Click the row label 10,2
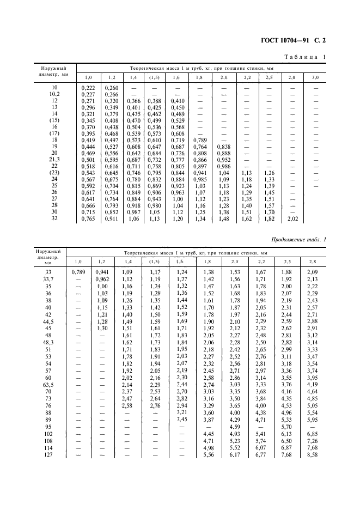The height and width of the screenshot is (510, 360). (x=53, y=94)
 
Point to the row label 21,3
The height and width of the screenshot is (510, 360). (x=53, y=159)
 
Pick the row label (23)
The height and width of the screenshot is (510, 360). (x=53, y=172)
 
